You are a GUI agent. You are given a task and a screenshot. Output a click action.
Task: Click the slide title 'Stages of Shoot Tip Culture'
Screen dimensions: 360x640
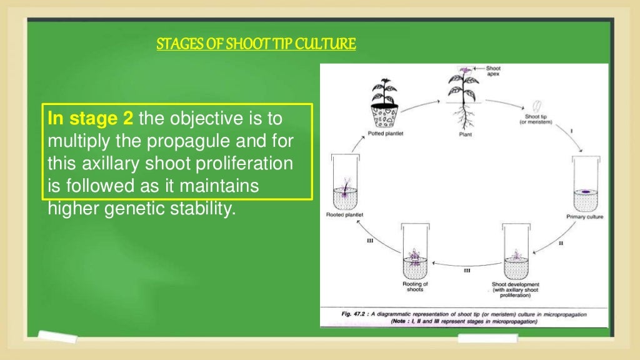[x=256, y=44]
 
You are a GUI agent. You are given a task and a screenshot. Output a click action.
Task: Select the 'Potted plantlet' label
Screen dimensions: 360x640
[x=380, y=135]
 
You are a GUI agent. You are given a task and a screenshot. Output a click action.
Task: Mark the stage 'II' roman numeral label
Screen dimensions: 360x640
[x=560, y=243]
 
